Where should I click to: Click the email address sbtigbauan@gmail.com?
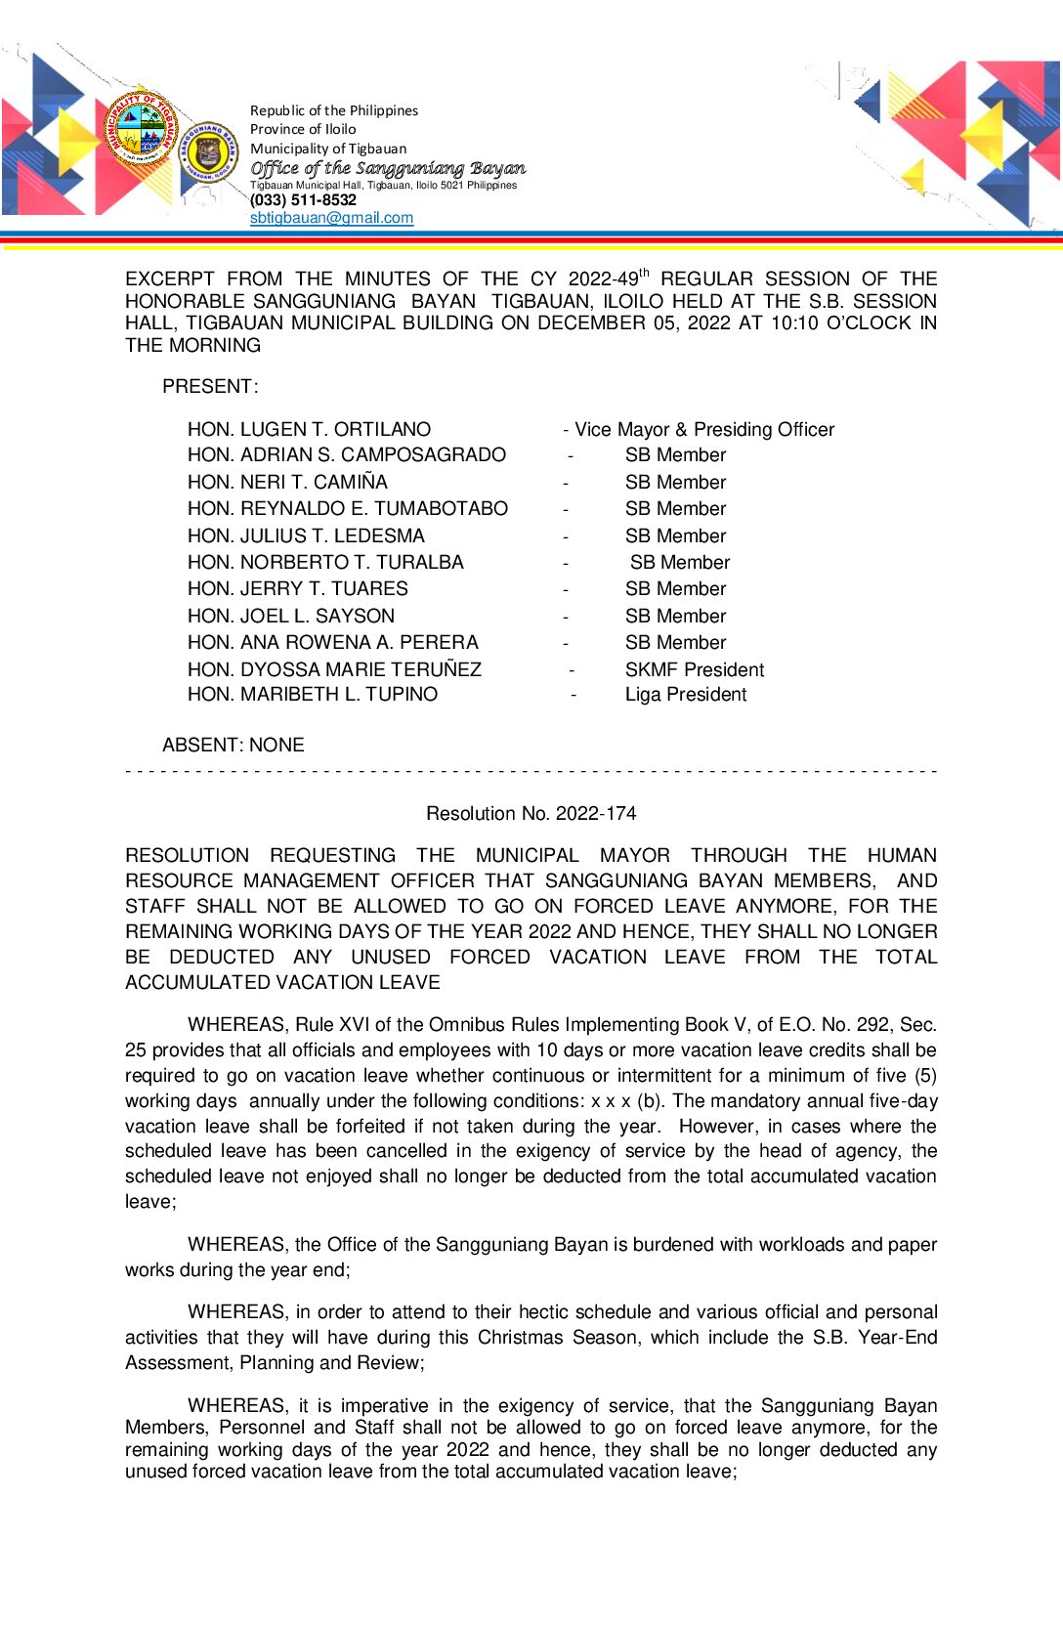click(331, 218)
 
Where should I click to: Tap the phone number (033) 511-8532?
click(303, 200)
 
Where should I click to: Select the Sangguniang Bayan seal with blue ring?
click(207, 153)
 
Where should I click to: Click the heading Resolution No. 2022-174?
click(531, 813)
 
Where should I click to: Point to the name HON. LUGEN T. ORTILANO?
click(309, 429)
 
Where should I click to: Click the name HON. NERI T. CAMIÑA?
click(287, 482)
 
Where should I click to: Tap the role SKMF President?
click(694, 669)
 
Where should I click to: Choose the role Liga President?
click(685, 695)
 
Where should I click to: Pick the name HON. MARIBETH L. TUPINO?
click(313, 695)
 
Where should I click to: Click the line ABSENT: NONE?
click(234, 745)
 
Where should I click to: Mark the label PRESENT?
click(210, 386)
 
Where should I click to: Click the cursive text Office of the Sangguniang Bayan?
click(388, 168)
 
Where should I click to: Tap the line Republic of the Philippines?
click(334, 110)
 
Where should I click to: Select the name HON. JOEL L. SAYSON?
click(291, 616)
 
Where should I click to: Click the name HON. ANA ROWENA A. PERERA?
click(333, 642)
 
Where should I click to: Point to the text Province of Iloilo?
click(303, 129)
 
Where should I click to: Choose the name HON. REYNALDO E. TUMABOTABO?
click(348, 508)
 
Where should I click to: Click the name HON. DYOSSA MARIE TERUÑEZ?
click(334, 669)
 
